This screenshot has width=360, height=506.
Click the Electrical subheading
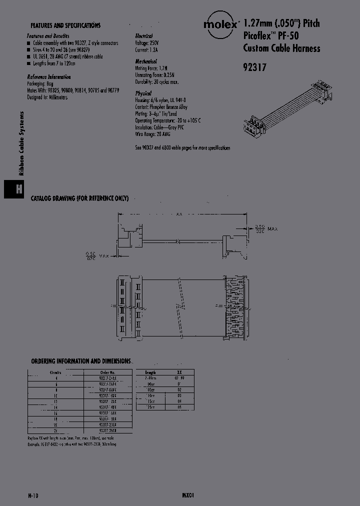coord(144,36)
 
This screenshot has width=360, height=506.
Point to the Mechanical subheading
coord(146,62)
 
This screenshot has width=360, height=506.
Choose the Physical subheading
coord(143,93)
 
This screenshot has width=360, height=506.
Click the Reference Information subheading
coord(48,77)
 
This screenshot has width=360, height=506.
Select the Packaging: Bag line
coord(40,84)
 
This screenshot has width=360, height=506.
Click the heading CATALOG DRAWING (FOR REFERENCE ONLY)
coord(80,198)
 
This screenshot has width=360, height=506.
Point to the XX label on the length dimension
coord(179,215)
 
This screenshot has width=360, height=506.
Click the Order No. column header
coord(107,372)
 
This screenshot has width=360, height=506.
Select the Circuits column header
coord(55,372)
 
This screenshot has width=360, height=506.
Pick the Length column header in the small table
coord(150,372)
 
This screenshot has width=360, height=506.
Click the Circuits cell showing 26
coord(55,430)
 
